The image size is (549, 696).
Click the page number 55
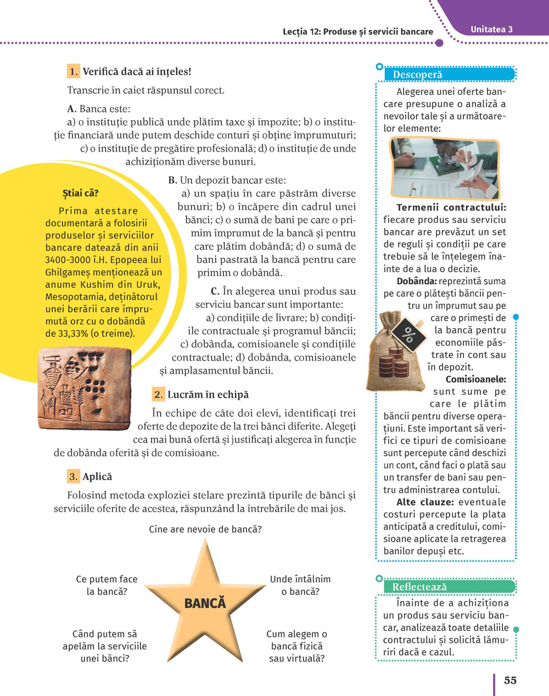510,680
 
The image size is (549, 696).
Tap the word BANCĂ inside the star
205,603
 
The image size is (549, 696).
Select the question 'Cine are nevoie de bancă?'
205,529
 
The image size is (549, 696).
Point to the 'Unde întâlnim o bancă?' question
300,585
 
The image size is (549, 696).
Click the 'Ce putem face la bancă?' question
107,585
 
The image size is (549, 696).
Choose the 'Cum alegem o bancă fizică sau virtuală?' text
296,646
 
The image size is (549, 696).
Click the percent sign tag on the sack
409,332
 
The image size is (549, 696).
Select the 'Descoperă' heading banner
418,75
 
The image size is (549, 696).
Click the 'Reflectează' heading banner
419,587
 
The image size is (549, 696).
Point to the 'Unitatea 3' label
491,30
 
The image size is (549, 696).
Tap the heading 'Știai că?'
81,193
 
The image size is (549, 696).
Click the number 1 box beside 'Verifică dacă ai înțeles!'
74,71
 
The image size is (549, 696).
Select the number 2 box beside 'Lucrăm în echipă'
158,394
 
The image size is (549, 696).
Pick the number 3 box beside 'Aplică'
74,476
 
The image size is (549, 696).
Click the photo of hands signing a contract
444,169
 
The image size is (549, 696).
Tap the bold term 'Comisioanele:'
475,379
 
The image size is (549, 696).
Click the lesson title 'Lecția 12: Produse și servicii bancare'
358,31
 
